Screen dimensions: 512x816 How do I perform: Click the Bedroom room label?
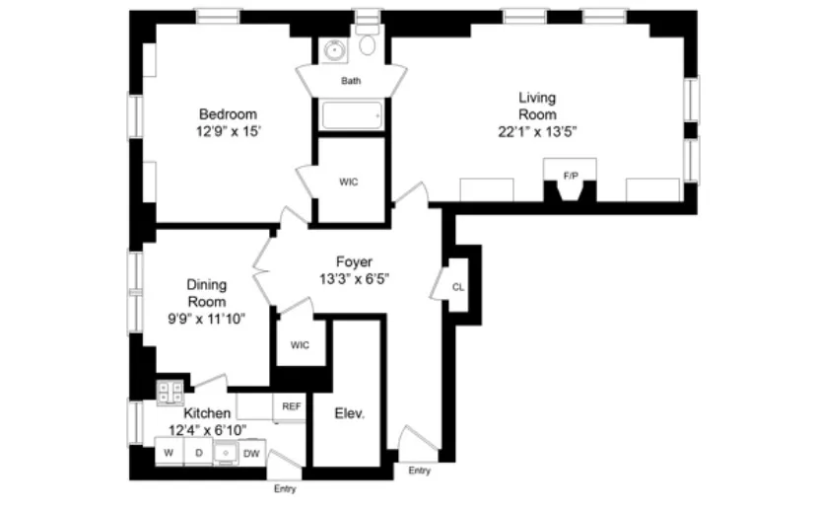pos(228,112)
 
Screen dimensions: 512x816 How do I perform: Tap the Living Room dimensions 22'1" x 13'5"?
pos(537,130)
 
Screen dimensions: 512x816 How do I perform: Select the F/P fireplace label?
pos(570,175)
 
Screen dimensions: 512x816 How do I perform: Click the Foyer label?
pos(354,261)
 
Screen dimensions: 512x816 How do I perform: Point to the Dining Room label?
pos(206,293)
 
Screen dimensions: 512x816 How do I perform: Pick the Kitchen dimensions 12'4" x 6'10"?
pos(207,429)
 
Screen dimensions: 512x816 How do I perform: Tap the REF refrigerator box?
pos(292,405)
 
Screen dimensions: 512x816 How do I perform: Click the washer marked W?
pos(169,453)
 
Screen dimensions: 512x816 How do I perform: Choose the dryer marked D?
pos(197,453)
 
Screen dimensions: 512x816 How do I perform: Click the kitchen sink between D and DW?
pos(225,453)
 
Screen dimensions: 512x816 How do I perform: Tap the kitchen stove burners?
pos(170,391)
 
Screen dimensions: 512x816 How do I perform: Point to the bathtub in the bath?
pos(351,116)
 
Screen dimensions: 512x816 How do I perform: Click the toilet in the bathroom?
pos(368,44)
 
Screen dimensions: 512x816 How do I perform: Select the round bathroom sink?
pos(333,48)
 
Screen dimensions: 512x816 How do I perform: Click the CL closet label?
pos(457,287)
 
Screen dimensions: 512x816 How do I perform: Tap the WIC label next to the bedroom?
pos(349,182)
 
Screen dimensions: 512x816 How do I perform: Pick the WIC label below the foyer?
pos(300,344)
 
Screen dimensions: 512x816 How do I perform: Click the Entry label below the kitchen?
pos(285,488)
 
